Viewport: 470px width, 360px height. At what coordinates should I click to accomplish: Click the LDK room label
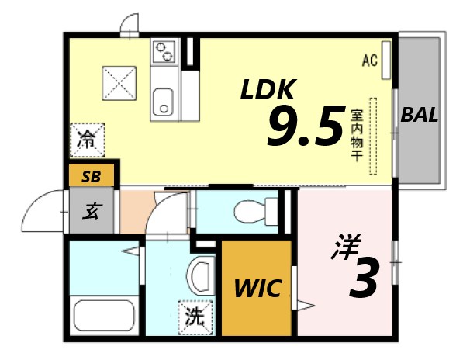pyautogui.click(x=267, y=90)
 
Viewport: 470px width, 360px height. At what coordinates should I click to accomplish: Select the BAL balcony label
pyautogui.click(x=420, y=116)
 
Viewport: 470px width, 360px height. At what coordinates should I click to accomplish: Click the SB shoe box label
pyautogui.click(x=91, y=176)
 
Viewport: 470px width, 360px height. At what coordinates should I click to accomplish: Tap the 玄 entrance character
pyautogui.click(x=92, y=210)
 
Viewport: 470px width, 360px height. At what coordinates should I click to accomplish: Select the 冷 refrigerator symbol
pyautogui.click(x=86, y=140)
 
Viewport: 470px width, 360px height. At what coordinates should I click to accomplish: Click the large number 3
pyautogui.click(x=363, y=279)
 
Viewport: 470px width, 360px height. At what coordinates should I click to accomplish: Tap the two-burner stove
pyautogui.click(x=164, y=53)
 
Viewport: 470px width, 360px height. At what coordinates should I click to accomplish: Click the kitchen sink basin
pyautogui.click(x=164, y=101)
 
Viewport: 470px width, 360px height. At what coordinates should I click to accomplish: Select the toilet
pyautogui.click(x=252, y=210)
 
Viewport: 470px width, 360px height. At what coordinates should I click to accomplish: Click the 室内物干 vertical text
pyautogui.click(x=357, y=134)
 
